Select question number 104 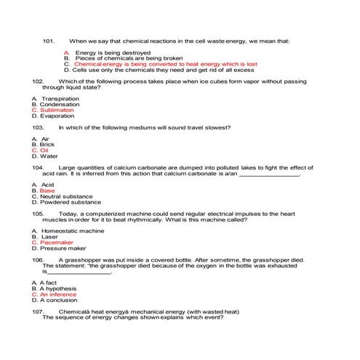click(x=39, y=167)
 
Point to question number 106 click(x=39, y=260)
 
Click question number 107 click(x=39, y=311)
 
